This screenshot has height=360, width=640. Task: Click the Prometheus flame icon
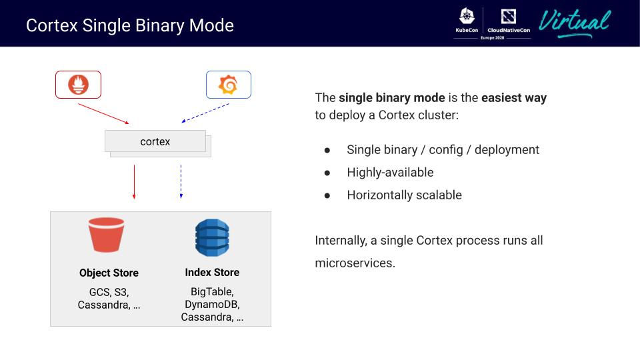tap(79, 85)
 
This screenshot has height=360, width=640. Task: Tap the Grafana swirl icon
tap(229, 85)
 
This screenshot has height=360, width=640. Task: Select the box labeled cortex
tap(155, 141)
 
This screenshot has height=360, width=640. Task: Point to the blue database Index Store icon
tap(212, 238)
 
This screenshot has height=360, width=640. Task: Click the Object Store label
tap(109, 273)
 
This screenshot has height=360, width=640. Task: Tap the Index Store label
tap(212, 272)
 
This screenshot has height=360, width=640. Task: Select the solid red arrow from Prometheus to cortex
tap(103, 113)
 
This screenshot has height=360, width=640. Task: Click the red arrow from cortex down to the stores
tap(135, 181)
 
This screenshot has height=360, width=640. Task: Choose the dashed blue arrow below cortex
tap(181, 181)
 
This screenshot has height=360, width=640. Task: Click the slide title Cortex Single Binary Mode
tap(130, 26)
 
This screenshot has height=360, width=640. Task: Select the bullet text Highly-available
tap(390, 173)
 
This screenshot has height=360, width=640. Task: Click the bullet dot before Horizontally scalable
tap(327, 195)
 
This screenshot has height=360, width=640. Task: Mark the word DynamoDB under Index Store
tap(212, 305)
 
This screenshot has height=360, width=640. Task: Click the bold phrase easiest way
tap(514, 98)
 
